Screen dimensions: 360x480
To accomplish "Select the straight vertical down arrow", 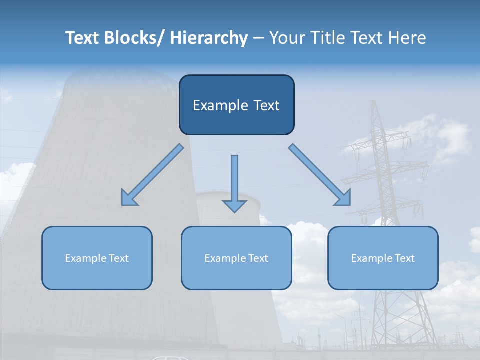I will (x=234, y=182).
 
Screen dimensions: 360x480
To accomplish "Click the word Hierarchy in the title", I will (x=209, y=38).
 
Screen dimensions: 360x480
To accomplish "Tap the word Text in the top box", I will (x=266, y=105).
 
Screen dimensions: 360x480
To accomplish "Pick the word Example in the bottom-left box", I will (x=86, y=258).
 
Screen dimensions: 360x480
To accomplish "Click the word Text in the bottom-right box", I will (x=404, y=258).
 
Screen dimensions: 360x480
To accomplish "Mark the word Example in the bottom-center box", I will (x=225, y=258).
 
